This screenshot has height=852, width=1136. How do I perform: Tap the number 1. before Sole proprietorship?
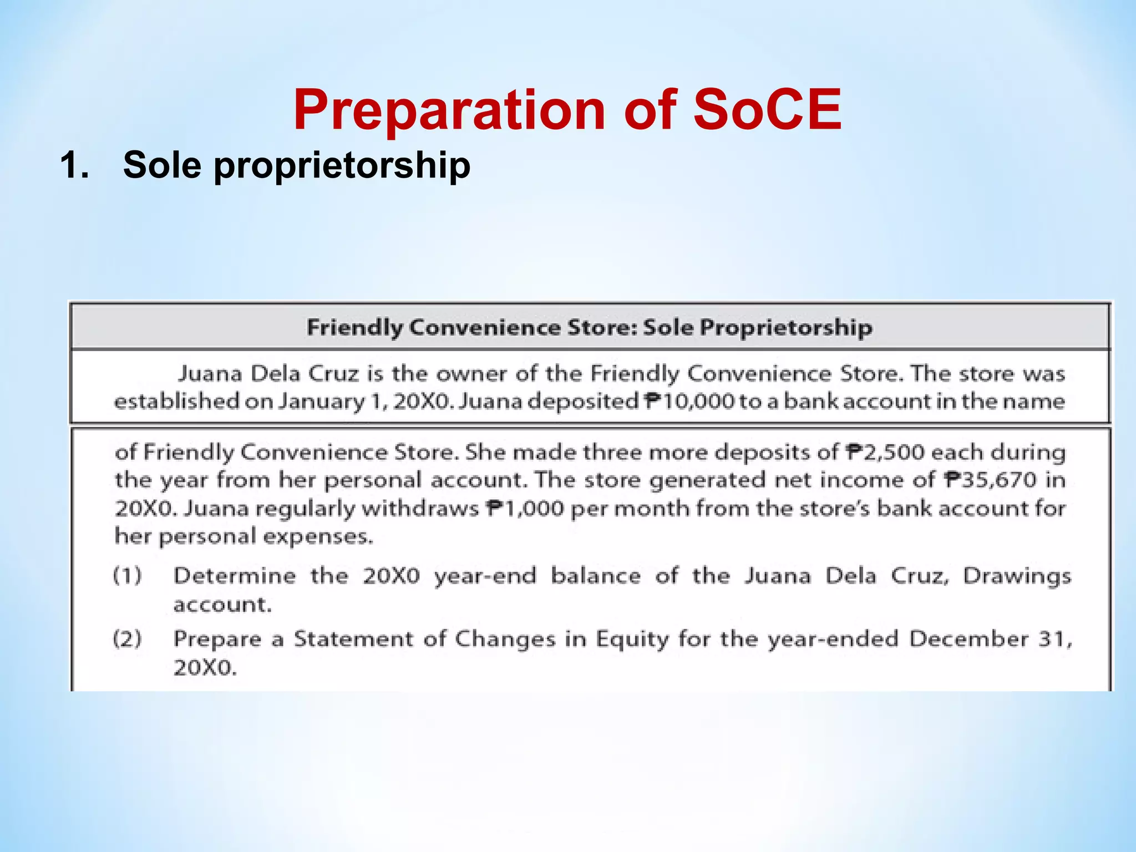pyautogui.click(x=74, y=165)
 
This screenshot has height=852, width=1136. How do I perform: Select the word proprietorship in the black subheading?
pyautogui.click(x=342, y=165)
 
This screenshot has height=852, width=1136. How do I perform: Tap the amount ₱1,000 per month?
pyautogui.click(x=525, y=508)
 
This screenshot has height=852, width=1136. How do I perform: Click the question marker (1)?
pyautogui.click(x=128, y=576)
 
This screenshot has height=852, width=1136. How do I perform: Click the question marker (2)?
pyautogui.click(x=128, y=639)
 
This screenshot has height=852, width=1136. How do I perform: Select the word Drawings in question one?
pyautogui.click(x=1017, y=576)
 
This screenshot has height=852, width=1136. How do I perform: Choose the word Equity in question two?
pyautogui.click(x=632, y=639)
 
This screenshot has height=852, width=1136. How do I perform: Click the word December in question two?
pyautogui.click(x=968, y=639)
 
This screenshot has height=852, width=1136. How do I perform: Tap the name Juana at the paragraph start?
pyautogui.click(x=210, y=374)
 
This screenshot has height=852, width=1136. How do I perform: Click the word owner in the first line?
pyautogui.click(x=471, y=374)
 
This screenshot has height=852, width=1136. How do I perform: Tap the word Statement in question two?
pyautogui.click(x=353, y=639)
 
